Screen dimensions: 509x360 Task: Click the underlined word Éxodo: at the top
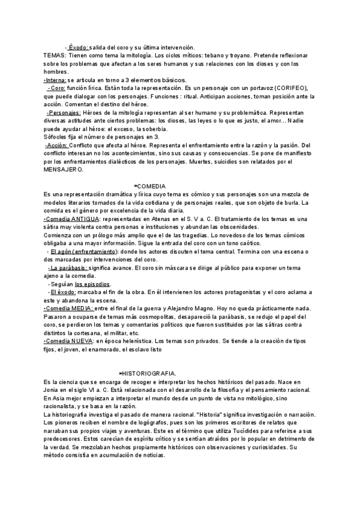point(79,47)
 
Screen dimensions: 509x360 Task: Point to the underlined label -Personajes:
point(63,112)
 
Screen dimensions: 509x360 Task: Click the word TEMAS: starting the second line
point(56,55)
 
